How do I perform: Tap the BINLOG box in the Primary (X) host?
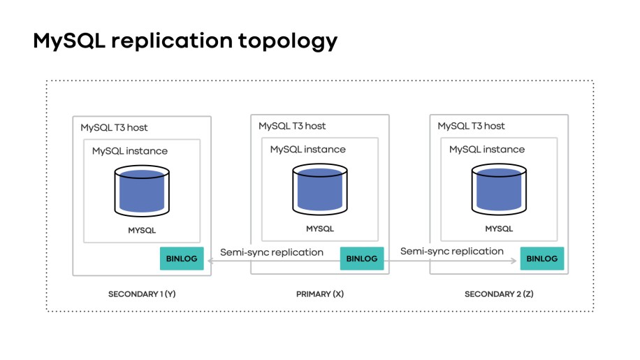tap(362, 259)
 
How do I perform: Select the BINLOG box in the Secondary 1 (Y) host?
tap(182, 259)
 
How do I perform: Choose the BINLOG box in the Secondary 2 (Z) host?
tap(541, 259)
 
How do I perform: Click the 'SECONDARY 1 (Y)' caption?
tap(142, 294)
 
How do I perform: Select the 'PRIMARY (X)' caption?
tap(320, 294)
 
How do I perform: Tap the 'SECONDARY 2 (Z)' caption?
tap(499, 294)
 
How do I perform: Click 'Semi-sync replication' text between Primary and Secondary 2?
tap(451, 251)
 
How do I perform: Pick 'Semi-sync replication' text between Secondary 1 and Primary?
tap(272, 252)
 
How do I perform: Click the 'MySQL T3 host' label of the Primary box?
tap(292, 127)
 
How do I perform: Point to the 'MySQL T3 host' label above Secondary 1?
tap(114, 128)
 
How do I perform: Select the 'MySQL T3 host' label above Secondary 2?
tap(471, 127)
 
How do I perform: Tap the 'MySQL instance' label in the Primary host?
tap(307, 149)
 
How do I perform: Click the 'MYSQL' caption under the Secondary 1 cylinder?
tap(142, 230)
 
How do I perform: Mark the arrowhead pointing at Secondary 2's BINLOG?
tap(514, 261)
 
